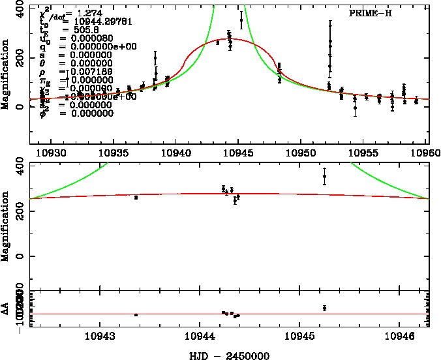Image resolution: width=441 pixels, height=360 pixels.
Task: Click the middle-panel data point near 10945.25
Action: [324, 176]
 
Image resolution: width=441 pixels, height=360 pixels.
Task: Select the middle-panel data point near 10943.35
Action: [136, 198]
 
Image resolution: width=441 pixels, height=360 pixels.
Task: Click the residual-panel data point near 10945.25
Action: [324, 308]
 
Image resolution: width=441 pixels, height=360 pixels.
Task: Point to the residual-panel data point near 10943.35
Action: [136, 314]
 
